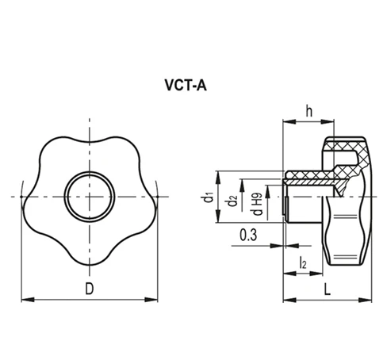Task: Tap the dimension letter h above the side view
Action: point(308,111)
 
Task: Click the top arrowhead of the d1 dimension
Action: point(216,174)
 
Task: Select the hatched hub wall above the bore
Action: point(309,175)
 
